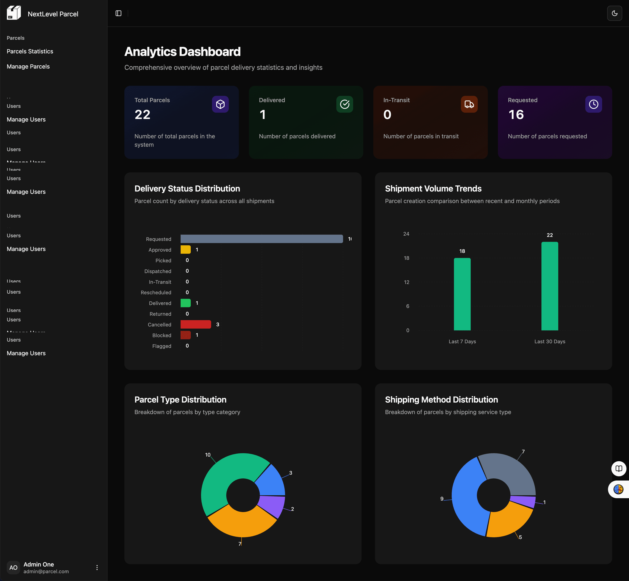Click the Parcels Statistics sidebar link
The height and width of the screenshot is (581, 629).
click(30, 51)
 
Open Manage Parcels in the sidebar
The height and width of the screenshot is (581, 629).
click(28, 66)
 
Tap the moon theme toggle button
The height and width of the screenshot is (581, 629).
click(614, 13)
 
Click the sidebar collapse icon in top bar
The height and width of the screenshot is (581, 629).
click(118, 13)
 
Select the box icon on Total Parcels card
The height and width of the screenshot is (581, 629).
click(220, 104)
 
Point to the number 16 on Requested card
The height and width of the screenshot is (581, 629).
click(516, 114)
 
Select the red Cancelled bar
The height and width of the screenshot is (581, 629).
click(195, 324)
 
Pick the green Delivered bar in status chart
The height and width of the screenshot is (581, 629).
click(185, 303)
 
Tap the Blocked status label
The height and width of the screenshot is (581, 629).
click(162, 335)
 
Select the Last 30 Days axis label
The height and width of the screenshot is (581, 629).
click(550, 341)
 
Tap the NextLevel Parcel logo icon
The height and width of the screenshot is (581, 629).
click(14, 13)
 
